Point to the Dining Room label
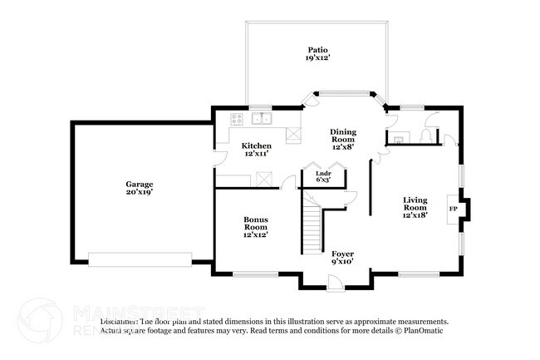coord(343,139)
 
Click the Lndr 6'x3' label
coord(323,175)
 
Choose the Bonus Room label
coord(255,227)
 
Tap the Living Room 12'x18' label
coord(415,206)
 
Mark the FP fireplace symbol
coord(452,210)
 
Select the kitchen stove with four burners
coord(236,117)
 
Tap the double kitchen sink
coord(263,117)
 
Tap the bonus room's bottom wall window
coord(249,274)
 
